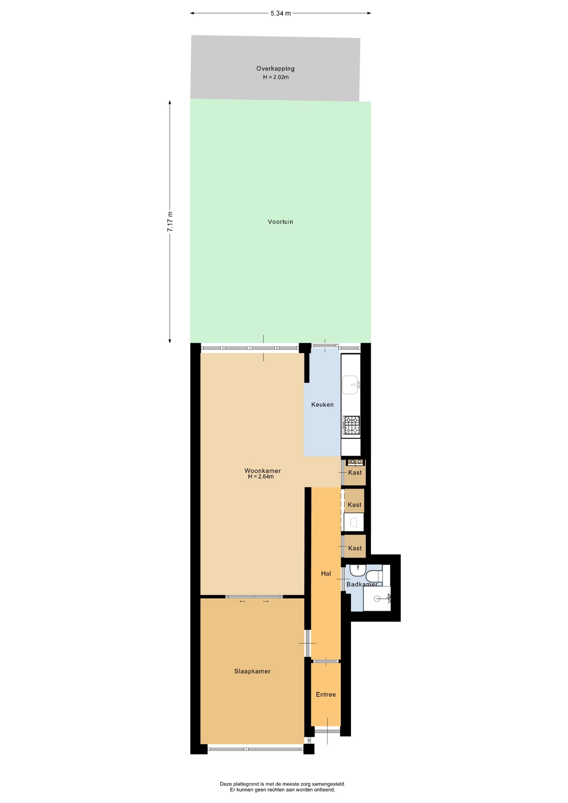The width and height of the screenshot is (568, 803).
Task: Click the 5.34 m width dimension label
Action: point(280,13)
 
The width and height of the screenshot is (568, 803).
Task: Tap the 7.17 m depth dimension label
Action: point(170,222)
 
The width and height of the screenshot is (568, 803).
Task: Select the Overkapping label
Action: point(275,69)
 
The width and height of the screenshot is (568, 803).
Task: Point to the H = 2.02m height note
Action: point(276,77)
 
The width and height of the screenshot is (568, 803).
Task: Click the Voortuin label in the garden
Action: point(280,222)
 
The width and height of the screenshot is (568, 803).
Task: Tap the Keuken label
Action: point(322,404)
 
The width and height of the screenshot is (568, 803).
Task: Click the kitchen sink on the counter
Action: point(351,385)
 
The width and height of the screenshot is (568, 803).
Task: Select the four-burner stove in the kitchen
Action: point(351,425)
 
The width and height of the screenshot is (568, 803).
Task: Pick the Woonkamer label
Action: point(263,471)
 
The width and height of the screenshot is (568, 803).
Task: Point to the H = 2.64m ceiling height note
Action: point(261,477)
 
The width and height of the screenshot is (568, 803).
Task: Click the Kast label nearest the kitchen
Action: point(355,473)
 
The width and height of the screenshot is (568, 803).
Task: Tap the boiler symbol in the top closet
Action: point(356,462)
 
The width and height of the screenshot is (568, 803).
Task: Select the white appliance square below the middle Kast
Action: point(354,522)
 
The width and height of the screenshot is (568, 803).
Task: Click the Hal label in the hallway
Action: point(326,573)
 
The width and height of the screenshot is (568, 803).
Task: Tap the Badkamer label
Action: point(362,584)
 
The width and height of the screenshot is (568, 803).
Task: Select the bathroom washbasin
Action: point(358,570)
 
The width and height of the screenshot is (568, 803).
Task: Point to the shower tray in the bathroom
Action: point(377,598)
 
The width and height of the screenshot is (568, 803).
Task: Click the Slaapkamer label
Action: point(252,671)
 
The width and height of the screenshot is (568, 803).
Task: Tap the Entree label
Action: point(326,694)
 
